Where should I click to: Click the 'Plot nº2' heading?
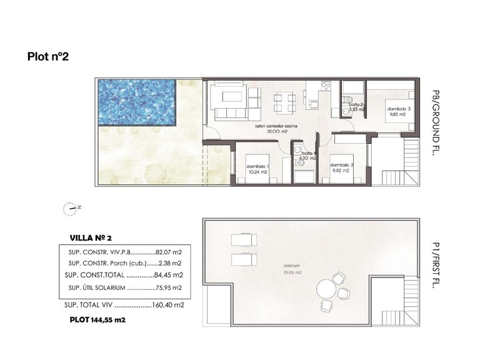(47, 57)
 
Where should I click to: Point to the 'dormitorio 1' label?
(257, 167)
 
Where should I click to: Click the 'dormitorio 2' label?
(342, 166)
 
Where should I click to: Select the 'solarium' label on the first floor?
(291, 266)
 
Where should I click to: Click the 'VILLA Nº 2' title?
(92, 237)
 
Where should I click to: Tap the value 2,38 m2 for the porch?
(169, 263)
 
